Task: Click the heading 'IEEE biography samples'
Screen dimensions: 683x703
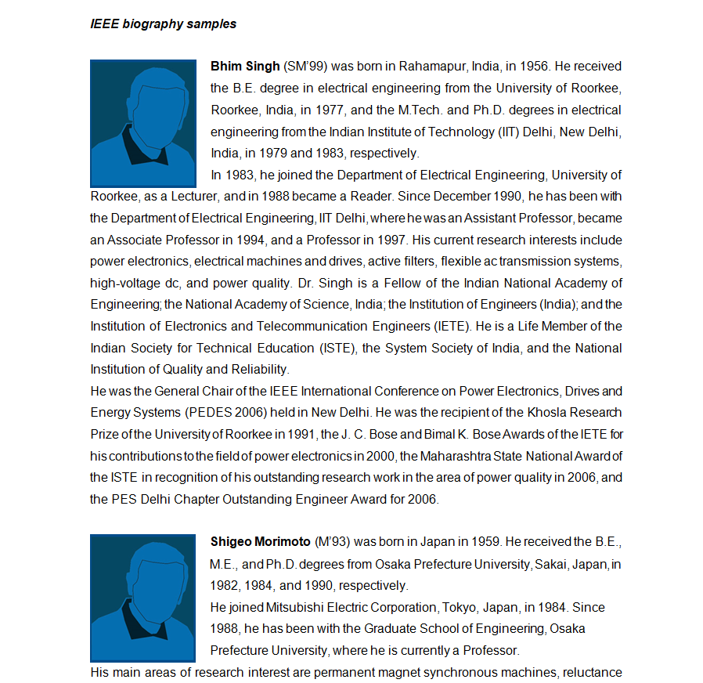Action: [163, 23]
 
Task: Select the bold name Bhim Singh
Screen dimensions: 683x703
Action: [245, 67]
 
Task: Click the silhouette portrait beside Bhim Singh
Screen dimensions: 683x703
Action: [142, 122]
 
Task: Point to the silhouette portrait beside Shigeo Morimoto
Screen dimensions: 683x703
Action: [142, 598]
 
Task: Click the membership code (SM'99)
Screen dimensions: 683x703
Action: [301, 67]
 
